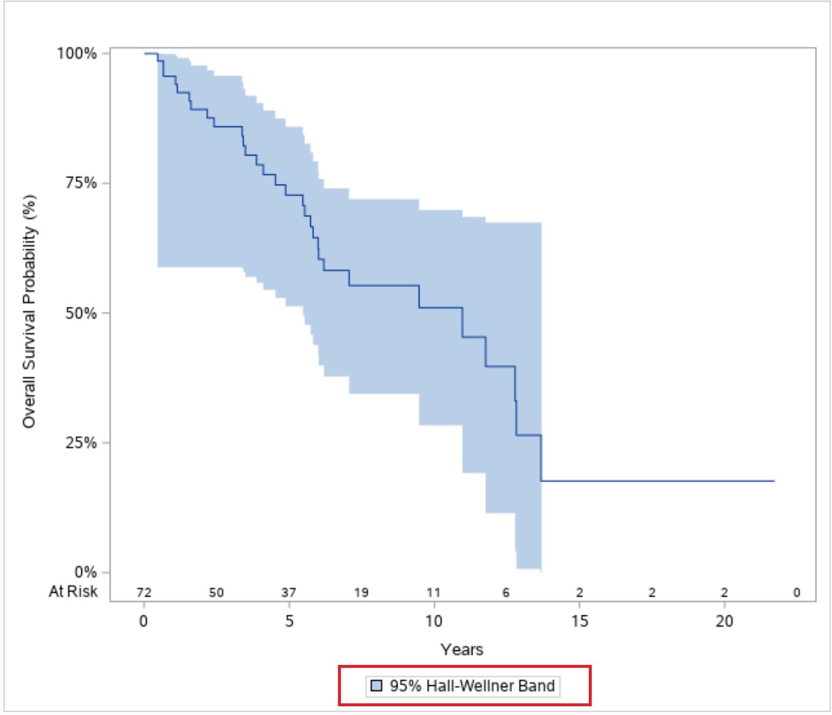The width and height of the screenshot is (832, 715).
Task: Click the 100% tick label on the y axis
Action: click(76, 54)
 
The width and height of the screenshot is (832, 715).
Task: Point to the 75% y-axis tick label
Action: click(80, 183)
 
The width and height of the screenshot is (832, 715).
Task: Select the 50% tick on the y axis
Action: click(80, 313)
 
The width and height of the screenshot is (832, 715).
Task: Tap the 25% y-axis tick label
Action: click(80, 443)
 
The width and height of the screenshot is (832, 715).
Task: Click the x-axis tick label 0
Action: click(144, 621)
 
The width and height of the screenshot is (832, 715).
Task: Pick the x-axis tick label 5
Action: click(289, 621)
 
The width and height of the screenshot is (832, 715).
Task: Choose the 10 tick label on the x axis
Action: click(433, 621)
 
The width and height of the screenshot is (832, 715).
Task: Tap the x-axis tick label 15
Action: click(579, 621)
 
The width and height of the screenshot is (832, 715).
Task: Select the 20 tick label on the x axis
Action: click(724, 621)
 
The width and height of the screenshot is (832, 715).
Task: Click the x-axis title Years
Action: click(462, 649)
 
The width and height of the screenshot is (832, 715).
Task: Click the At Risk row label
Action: click(73, 592)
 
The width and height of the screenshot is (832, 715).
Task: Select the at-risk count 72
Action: click(144, 593)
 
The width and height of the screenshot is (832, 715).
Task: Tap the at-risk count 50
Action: click(216, 593)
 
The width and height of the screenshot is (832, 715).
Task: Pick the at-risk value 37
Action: click(289, 593)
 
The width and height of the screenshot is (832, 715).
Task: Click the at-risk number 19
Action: click(361, 593)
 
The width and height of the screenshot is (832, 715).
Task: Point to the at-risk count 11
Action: click(433, 593)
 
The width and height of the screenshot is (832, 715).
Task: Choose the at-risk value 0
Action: click(797, 593)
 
